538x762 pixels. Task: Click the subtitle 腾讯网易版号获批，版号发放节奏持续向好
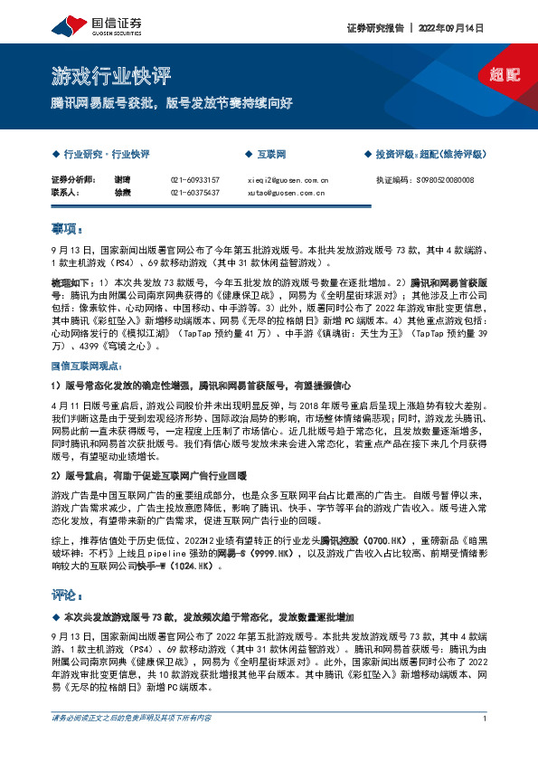pos(172,103)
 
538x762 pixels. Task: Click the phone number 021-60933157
pos(194,180)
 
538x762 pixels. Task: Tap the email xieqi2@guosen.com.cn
pos(288,180)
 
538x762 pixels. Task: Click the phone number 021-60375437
pos(194,192)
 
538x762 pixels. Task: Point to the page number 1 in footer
pos(486,744)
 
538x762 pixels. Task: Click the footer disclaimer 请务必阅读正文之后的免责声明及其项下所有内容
pos(132,744)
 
